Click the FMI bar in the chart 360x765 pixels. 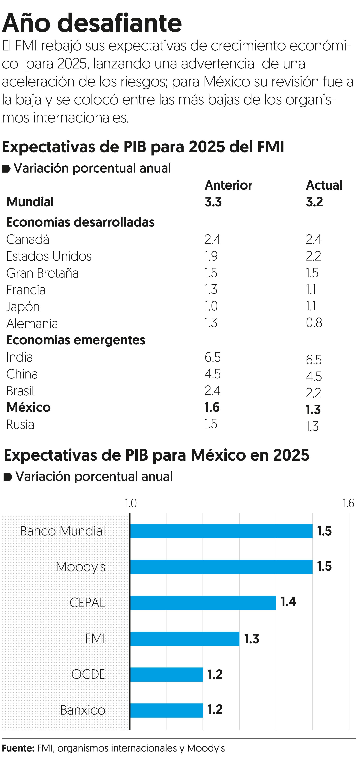[185, 638]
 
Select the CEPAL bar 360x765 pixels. [203, 603]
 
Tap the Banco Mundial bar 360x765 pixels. [221, 531]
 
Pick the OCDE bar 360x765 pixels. [166, 674]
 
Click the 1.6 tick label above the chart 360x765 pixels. [348, 503]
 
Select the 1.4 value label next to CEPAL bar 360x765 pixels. [289, 602]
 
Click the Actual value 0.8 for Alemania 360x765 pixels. [314, 323]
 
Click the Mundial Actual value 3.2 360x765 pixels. [314, 202]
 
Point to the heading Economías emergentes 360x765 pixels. [76, 340]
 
